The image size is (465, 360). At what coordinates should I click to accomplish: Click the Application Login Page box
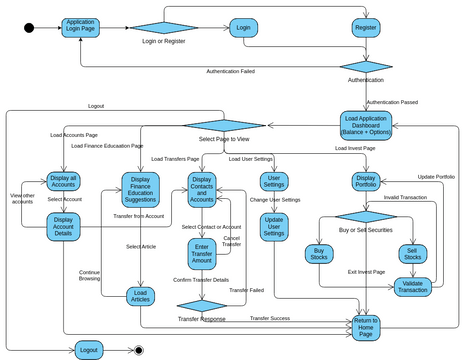click(80, 27)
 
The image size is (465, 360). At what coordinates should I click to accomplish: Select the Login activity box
click(243, 28)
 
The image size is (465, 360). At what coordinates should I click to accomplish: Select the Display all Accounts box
click(63, 182)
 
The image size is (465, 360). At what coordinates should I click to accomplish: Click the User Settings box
click(274, 181)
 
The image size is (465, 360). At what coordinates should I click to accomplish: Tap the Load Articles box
click(140, 296)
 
